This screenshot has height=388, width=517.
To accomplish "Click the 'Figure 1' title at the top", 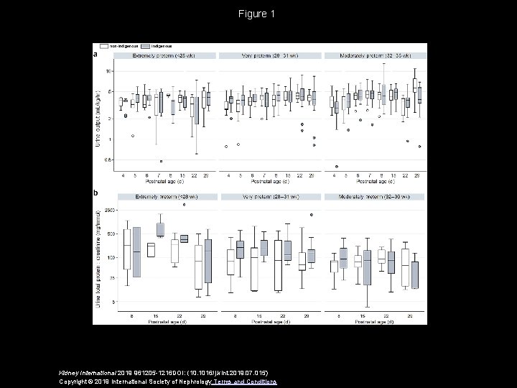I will [x=258, y=14].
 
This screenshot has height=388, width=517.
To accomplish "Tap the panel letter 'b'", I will [x=97, y=193].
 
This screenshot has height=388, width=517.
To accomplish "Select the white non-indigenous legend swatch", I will [x=105, y=45].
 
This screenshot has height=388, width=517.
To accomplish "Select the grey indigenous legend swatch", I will [x=146, y=45].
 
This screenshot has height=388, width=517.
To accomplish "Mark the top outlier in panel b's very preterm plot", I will [x=312, y=214].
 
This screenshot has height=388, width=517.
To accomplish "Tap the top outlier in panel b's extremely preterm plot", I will [x=184, y=205].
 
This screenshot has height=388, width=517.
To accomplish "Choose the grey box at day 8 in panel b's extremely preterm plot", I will [x=136, y=252].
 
